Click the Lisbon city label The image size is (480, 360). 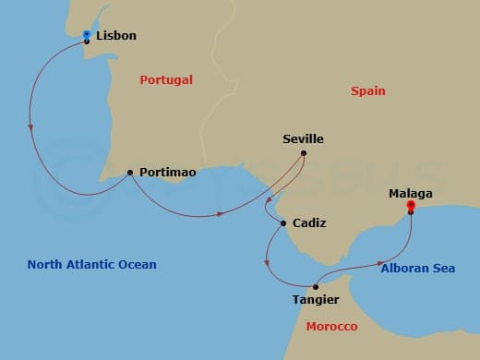point(115,36)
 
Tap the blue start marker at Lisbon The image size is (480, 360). point(86,34)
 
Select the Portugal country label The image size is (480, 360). point(166,80)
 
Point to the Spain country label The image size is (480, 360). point(367,91)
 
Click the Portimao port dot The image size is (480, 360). point(130,172)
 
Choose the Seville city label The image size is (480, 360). point(303,139)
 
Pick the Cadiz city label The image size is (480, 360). point(308,223)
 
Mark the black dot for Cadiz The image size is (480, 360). point(283,222)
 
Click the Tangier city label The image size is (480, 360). point(315,300)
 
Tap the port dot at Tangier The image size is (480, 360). point(316,286)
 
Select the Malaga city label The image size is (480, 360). point(410,194)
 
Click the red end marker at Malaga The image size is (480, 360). point(411,207)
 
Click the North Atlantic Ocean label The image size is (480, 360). point(91,265)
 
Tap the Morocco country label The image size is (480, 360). point(331,328)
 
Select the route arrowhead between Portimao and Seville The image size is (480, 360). point(222,214)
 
